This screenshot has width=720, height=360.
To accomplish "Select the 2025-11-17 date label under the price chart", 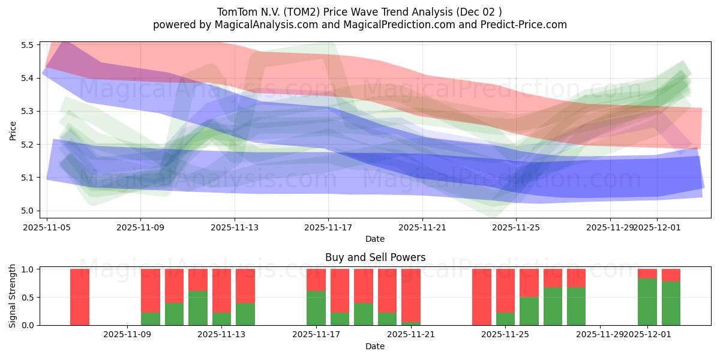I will pos(328,228).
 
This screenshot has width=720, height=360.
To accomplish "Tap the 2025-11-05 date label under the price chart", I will pos(47,228).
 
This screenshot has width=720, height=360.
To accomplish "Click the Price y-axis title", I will pos(13,130).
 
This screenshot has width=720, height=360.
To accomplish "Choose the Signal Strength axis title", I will pos(13,296).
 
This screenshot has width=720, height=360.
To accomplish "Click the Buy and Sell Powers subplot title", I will pos(375,257).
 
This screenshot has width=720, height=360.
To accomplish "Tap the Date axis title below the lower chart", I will pos(375,346).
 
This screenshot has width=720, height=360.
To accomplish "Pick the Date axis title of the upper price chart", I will pos(375,239).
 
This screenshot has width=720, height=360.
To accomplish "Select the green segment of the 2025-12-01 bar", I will pos(647,302).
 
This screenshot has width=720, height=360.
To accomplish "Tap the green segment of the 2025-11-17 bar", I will pos(316,308).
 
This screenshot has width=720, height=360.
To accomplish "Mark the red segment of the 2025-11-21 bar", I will pos(411,295).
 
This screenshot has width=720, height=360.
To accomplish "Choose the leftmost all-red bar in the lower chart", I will pos(80,297).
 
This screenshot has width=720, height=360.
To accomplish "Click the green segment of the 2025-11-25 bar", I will pos(505,319).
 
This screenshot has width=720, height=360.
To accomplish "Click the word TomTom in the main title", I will pos(235,11).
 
